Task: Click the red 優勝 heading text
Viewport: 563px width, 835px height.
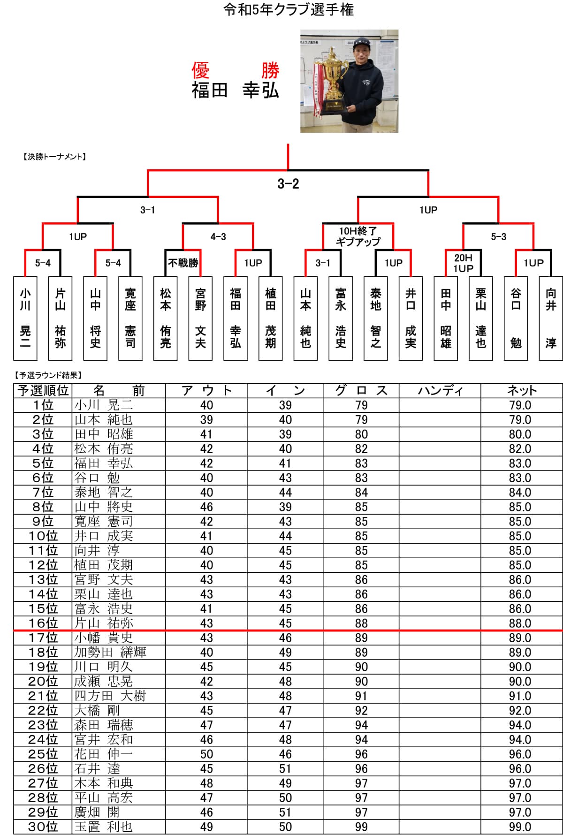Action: pyautogui.click(x=235, y=71)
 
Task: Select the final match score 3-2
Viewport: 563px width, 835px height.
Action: pyautogui.click(x=288, y=183)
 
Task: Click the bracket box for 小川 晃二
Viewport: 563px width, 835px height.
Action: pyautogui.click(x=25, y=318)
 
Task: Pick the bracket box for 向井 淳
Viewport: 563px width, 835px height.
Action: pyautogui.click(x=551, y=318)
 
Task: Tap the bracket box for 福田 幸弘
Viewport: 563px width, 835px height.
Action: pyautogui.click(x=236, y=318)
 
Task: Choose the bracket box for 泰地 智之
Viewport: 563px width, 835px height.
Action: pyautogui.click(x=376, y=318)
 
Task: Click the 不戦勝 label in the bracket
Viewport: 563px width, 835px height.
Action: pyautogui.click(x=183, y=263)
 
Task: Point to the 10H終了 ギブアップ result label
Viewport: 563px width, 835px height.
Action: pyautogui.click(x=358, y=236)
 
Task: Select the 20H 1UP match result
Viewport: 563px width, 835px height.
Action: pyautogui.click(x=463, y=263)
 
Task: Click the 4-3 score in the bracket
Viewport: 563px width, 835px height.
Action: pyautogui.click(x=218, y=237)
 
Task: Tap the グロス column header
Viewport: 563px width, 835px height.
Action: pyautogui.click(x=361, y=390)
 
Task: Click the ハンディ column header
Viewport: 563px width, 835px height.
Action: pyautogui.click(x=440, y=390)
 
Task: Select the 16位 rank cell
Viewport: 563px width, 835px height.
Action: pyautogui.click(x=43, y=623)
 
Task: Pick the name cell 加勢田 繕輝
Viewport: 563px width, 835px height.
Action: pyautogui.click(x=110, y=652)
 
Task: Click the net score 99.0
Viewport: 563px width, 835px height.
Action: pyautogui.click(x=520, y=827)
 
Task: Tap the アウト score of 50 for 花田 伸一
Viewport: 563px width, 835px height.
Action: pyautogui.click(x=206, y=754)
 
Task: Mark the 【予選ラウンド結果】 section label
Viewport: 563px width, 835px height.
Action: pyautogui.click(x=48, y=375)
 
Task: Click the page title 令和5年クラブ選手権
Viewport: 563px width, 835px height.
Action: pyautogui.click(x=288, y=9)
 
